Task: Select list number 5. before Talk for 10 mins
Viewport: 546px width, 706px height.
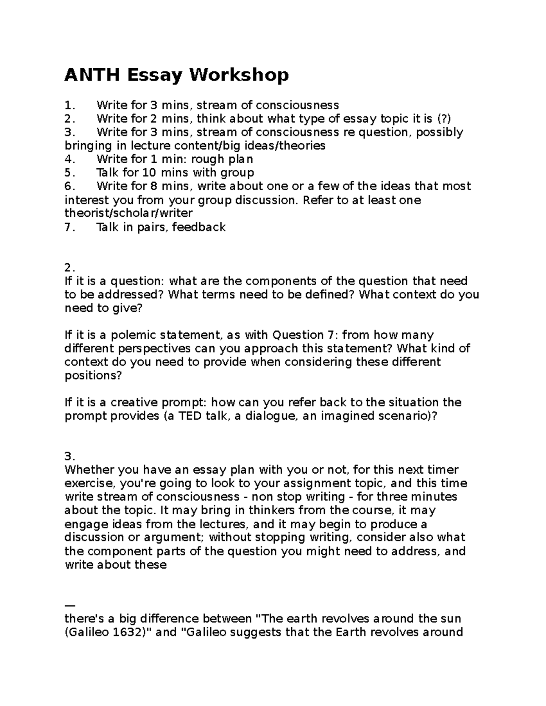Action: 69,173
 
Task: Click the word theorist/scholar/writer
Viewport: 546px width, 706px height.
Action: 129,213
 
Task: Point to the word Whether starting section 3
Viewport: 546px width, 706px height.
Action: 89,470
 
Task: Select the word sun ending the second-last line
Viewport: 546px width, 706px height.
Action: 451,619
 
